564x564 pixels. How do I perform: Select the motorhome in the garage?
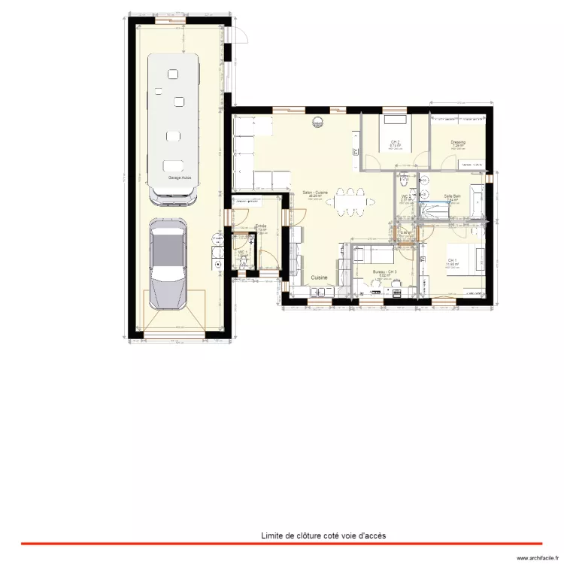(174, 128)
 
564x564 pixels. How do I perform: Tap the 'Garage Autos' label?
(179, 178)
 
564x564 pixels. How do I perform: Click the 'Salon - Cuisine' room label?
(316, 193)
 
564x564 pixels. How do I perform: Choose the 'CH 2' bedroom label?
(395, 142)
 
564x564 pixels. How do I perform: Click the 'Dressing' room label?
(458, 142)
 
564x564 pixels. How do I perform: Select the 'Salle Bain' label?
(453, 196)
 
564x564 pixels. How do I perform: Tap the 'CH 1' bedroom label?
(451, 261)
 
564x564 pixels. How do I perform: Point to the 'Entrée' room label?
(261, 226)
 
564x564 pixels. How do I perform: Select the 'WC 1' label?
(242, 252)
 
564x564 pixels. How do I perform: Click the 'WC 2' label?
(405, 197)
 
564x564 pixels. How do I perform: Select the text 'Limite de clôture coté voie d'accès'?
(323, 535)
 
